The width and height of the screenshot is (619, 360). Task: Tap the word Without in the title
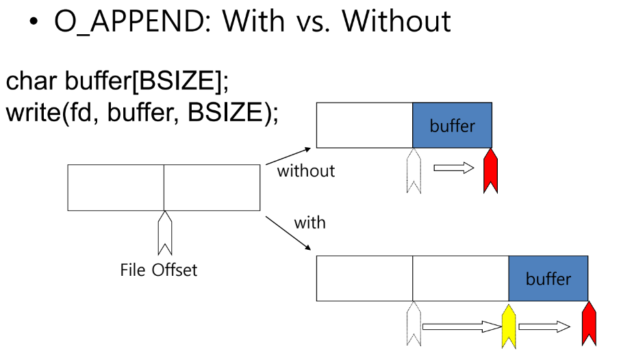[x=396, y=21]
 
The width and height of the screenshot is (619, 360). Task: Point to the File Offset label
[x=158, y=270]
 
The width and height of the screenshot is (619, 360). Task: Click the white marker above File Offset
[x=164, y=233]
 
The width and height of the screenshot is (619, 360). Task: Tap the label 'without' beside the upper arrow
[x=305, y=171]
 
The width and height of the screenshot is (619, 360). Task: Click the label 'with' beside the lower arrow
[x=309, y=223]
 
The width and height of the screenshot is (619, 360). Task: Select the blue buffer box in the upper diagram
[x=452, y=125]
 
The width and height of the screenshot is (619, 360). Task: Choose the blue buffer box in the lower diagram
[x=548, y=279]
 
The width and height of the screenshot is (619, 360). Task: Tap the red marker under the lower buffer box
[x=588, y=324]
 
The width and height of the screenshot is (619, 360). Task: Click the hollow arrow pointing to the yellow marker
[x=463, y=326]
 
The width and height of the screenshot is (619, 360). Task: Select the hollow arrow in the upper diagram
[x=453, y=168]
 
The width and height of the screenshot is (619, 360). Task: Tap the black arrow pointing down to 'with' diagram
[x=288, y=233]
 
